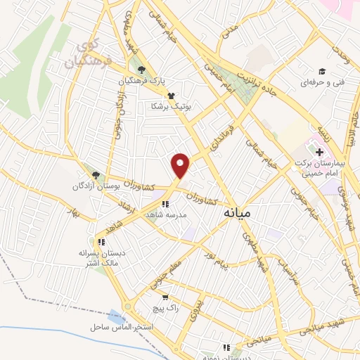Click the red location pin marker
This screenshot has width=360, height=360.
click(181, 165)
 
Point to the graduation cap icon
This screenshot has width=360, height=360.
click(322, 71)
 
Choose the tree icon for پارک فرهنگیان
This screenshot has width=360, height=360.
click(142, 70)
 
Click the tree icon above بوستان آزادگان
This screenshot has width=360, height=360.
click(96, 175)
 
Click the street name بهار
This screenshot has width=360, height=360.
click(72, 211)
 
